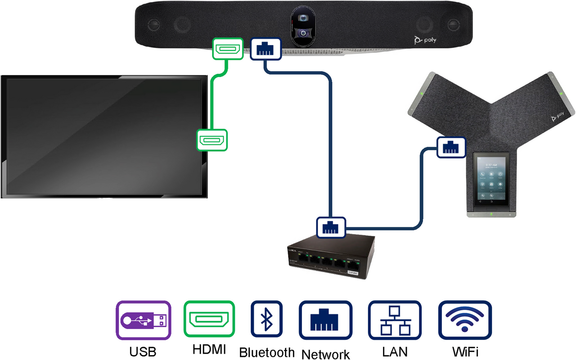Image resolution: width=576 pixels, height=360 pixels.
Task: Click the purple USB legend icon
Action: pyautogui.click(x=144, y=320)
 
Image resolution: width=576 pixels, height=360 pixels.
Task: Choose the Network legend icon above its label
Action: pyautogui.click(x=325, y=320)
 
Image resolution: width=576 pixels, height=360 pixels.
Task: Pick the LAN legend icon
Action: pyautogui.click(x=395, y=320)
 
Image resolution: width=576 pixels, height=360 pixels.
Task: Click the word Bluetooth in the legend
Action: pyautogui.click(x=266, y=352)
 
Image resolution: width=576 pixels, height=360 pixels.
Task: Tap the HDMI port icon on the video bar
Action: pyautogui.click(x=228, y=48)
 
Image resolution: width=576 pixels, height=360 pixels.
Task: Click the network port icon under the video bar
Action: pyautogui.click(x=265, y=48)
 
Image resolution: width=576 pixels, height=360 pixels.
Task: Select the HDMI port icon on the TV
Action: pyautogui.click(x=212, y=139)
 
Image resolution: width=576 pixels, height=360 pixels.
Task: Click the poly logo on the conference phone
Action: pyautogui.click(x=558, y=116)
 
